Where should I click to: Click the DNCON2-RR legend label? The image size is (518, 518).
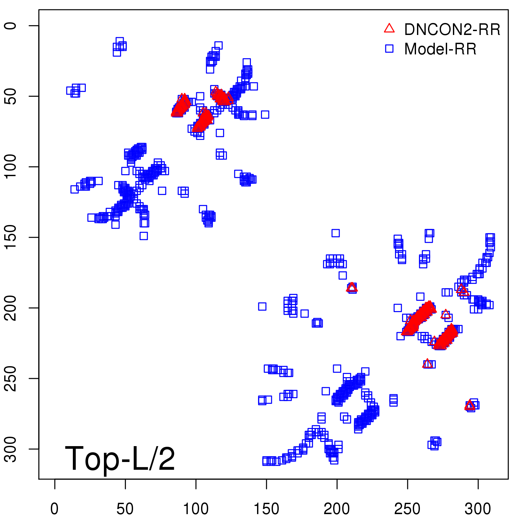coord(452,30)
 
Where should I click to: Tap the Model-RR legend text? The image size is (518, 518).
coord(440,49)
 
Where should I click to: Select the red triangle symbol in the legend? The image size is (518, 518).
coord(389,28)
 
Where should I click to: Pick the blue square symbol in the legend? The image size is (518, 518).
coord(389,49)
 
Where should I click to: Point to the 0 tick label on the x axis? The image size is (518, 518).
coord(55,509)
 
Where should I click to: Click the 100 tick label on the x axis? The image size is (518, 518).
coord(196,509)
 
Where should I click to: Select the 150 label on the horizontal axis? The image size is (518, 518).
coord(266,509)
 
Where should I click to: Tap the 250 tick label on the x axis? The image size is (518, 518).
coord(408,509)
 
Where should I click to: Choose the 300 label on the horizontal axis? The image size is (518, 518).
coord(478,509)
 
